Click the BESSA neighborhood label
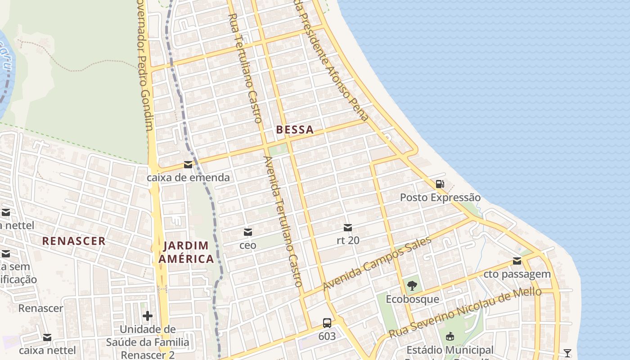pos(295,130)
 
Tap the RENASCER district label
pos(74,241)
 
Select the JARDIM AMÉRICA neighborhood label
pos(186,252)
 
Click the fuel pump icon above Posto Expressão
pos(440,184)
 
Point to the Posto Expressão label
pos(440,198)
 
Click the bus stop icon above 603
pos(327,323)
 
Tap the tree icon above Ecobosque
pos(412,285)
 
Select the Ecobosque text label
pos(412,299)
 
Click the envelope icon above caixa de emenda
pos(188,165)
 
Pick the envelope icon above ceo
pos(247,232)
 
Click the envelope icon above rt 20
pos(348,228)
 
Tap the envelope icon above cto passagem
pos(517,261)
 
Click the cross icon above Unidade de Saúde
pos(147,316)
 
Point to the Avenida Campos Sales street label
pos(377,263)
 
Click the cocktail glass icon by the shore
pos(567,353)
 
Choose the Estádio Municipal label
pos(450,350)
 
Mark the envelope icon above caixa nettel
pos(47,337)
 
